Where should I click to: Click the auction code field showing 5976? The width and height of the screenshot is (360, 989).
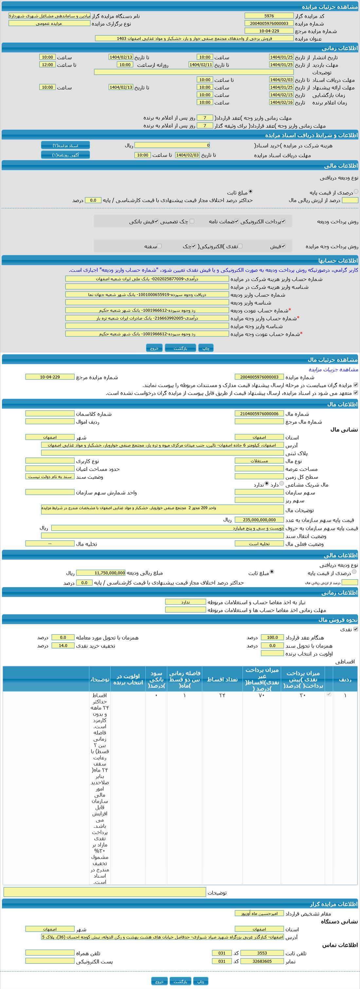pos(269,16)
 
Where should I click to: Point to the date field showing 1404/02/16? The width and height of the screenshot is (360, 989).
pos(281,103)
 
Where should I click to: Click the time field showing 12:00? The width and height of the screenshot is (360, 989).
pos(47,65)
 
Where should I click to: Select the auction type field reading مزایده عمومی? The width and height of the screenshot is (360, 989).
pos(49,24)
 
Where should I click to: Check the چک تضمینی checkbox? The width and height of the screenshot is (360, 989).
pos(192,221)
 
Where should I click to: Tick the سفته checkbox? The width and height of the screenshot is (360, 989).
pos(160,246)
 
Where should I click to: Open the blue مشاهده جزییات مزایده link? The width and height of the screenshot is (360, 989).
pos(333,369)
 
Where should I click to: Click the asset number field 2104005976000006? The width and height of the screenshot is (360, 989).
pos(259,414)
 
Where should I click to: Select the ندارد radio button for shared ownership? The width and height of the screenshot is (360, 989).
pos(267,484)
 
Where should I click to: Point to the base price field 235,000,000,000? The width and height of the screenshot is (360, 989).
pos(259,520)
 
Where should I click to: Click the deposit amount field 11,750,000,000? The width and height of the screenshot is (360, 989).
pos(100,573)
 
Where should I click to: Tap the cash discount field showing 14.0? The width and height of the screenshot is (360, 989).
pos(63,646)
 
